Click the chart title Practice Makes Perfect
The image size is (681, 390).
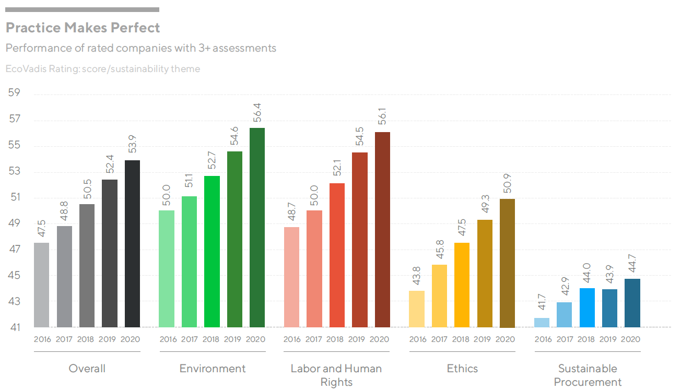coord(83,27)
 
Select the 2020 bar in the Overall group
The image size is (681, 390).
coord(132,243)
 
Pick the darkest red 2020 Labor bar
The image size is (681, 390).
coord(382,230)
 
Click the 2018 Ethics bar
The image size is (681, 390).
coord(461,285)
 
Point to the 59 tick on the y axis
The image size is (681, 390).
coord(14,93)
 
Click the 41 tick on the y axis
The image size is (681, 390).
coord(14,328)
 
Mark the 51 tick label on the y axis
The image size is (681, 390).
coord(14,197)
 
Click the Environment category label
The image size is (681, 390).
coord(212,369)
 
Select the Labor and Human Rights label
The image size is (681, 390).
coord(336,375)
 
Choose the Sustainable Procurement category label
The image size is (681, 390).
coord(588,375)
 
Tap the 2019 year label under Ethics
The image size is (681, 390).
coord(483,339)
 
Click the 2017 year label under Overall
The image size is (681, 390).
coord(64,339)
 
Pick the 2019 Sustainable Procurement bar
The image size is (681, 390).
coord(609,308)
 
